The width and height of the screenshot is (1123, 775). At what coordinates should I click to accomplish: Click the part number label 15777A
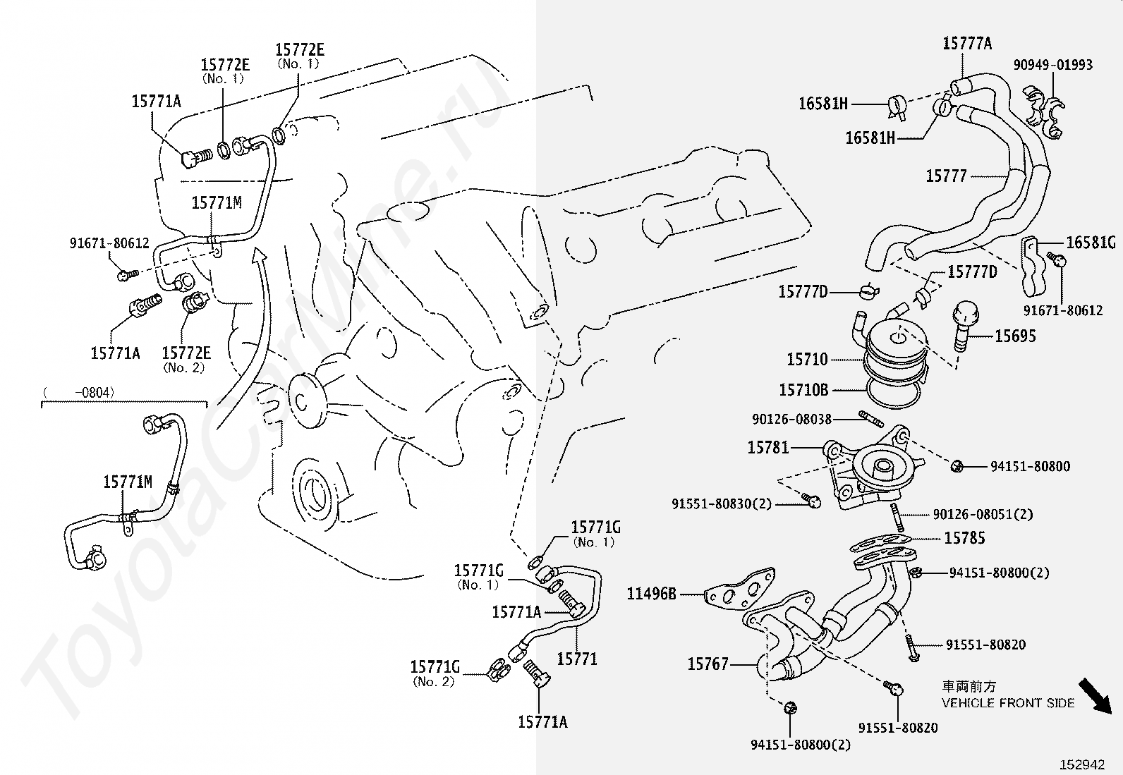point(967,44)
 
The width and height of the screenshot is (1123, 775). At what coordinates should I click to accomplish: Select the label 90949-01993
point(1053,65)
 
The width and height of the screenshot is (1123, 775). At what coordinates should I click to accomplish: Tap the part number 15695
point(1015,336)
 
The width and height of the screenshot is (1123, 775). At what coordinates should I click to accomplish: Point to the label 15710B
point(803,389)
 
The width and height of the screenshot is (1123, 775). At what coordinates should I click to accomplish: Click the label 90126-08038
point(791,419)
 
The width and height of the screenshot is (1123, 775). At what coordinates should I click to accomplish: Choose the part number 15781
point(768,447)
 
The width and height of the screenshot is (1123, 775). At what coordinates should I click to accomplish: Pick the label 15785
point(964,538)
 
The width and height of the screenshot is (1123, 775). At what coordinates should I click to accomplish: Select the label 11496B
point(651,594)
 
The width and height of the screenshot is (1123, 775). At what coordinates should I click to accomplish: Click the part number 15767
point(708,664)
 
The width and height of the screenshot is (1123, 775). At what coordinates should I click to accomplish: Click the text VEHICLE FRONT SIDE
point(1008,703)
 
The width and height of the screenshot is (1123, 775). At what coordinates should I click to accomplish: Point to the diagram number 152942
point(1081,764)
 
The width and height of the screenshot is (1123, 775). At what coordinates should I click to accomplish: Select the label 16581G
point(1091,243)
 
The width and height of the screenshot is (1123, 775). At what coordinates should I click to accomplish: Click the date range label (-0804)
point(78,392)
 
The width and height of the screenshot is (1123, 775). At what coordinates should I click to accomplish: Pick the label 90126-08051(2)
point(983,514)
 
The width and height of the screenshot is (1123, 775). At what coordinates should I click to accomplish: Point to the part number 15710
point(807,360)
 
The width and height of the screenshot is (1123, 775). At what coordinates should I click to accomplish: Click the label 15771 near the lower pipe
point(577,659)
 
